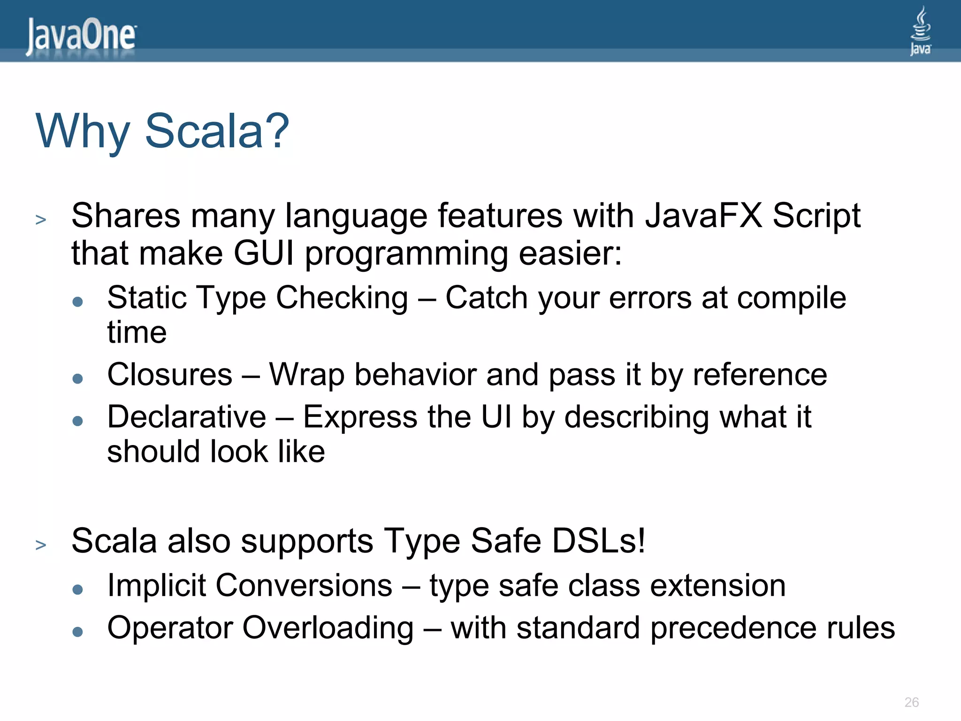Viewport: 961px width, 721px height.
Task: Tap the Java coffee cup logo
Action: [920, 31]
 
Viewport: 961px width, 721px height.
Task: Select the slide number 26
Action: [911, 702]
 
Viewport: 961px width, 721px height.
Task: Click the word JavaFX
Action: [704, 216]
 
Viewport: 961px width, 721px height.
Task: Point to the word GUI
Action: [264, 253]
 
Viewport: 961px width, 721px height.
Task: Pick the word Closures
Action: [170, 375]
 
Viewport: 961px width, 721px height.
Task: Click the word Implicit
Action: [156, 586]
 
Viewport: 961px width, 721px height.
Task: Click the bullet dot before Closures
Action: [78, 378]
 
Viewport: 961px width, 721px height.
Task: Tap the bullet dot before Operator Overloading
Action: [78, 632]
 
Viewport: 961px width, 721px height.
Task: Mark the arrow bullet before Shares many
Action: [41, 220]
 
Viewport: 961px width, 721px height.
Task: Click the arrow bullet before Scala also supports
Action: [41, 545]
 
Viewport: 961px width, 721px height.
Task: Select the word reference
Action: [760, 375]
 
